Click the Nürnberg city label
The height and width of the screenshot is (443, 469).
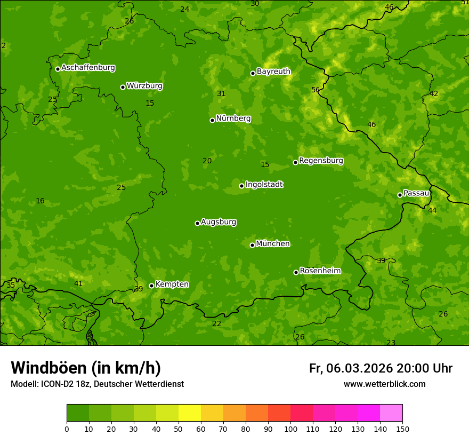(233, 118)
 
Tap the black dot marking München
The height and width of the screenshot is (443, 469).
(253, 245)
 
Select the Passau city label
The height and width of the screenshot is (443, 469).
(416, 193)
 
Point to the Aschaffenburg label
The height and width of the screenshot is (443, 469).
(88, 68)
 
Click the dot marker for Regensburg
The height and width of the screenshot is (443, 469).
(295, 162)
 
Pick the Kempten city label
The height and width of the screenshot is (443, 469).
(172, 284)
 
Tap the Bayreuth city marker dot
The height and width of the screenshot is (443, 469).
(253, 73)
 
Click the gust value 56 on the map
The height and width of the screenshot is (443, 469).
(316, 90)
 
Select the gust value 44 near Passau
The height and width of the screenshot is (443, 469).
(432, 210)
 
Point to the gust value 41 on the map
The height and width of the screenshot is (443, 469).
(78, 283)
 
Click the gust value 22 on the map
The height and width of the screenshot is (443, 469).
(216, 323)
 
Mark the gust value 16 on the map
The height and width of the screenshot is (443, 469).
(40, 201)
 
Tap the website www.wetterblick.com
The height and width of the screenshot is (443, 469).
(384, 384)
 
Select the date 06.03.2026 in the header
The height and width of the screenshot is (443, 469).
(359, 368)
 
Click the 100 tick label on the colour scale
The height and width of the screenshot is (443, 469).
(290, 429)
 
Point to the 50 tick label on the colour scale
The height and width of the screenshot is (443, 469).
(179, 429)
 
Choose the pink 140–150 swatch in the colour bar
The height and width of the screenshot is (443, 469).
(391, 413)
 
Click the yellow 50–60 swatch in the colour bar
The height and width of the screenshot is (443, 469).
(190, 413)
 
